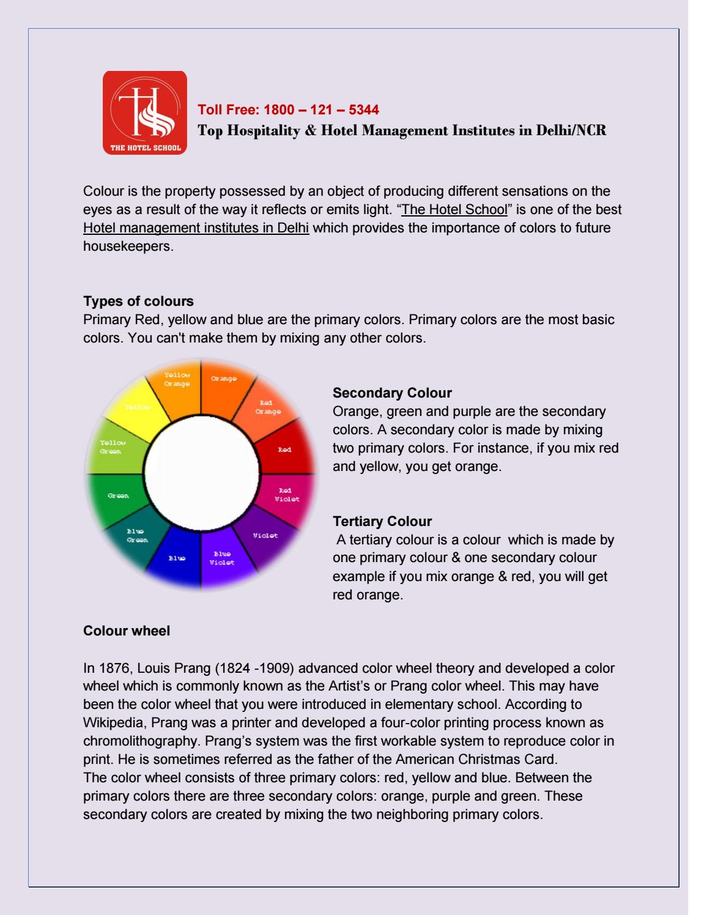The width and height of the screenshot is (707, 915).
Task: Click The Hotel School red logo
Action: (144, 113)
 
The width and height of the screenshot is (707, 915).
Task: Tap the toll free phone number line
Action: (289, 110)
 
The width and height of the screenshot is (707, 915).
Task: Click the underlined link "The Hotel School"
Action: (454, 209)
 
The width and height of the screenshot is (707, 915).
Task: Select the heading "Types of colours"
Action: (138, 301)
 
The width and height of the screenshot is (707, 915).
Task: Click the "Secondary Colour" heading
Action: (392, 393)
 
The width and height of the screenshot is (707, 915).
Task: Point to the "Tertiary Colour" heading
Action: (382, 521)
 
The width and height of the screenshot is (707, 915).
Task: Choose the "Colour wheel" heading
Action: (127, 631)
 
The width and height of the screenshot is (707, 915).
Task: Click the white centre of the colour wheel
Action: (201, 475)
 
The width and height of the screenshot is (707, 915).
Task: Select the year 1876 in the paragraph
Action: (110, 667)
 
